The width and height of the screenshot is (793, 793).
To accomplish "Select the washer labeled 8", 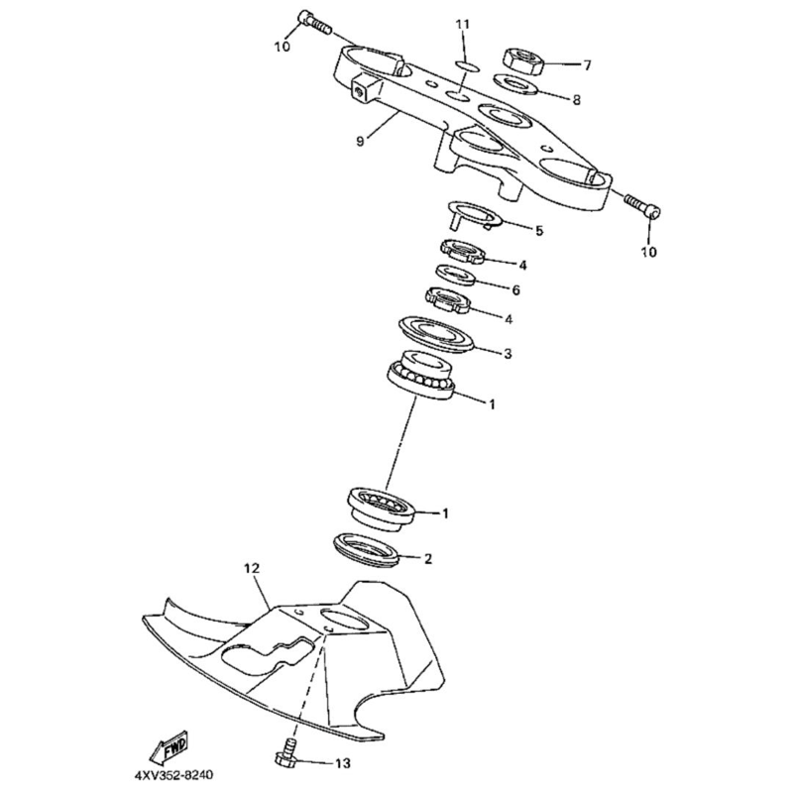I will click(x=515, y=87).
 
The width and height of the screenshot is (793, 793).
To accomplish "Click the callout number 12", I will click(x=251, y=569).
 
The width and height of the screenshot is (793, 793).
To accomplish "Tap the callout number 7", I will click(x=587, y=65).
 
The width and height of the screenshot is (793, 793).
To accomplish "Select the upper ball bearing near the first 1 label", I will click(x=421, y=377).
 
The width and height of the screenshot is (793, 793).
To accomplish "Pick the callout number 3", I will click(x=508, y=353).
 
